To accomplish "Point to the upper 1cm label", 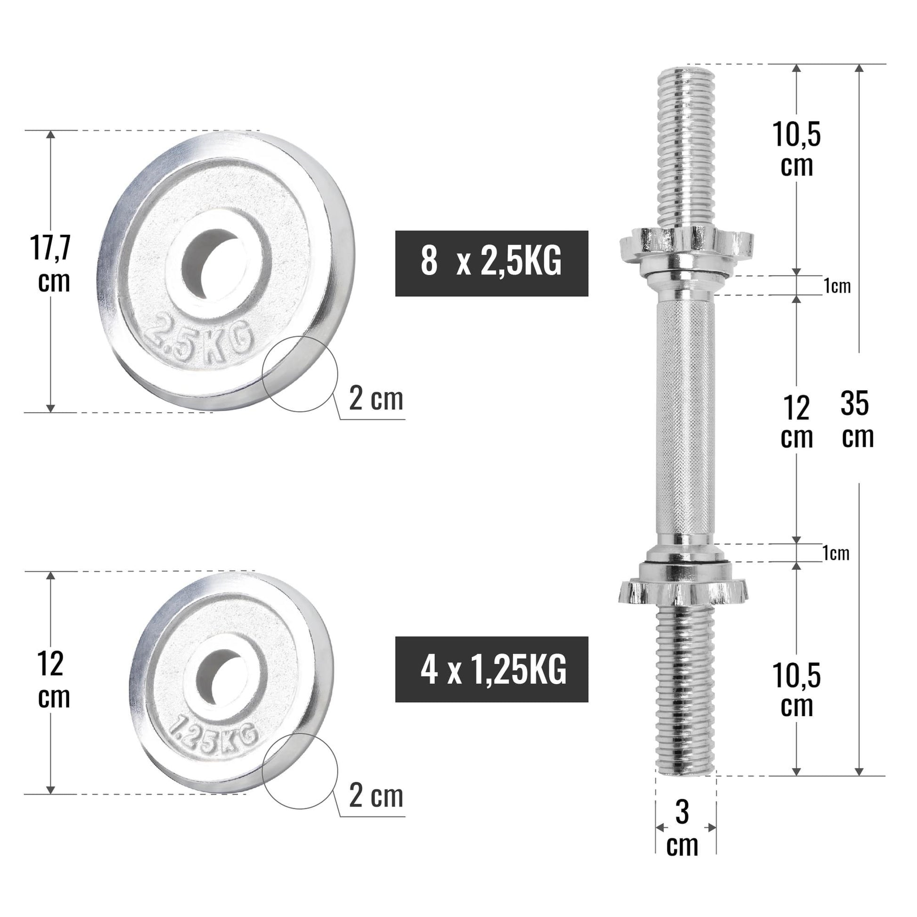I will point(837,286).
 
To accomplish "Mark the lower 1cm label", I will point(836,553).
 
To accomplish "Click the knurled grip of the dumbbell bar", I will point(685,418).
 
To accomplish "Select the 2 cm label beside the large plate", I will point(376,399).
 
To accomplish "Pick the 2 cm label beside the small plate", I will point(376,796).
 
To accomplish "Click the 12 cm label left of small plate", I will point(52,680).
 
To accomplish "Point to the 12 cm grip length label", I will point(796,421).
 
